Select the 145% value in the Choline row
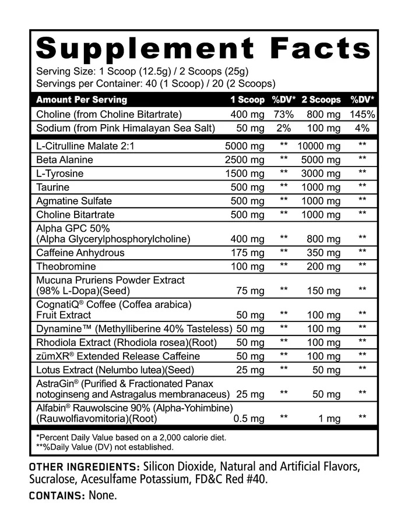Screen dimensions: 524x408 363,114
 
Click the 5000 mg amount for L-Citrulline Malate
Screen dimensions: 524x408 245,146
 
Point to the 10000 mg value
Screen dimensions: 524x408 319,146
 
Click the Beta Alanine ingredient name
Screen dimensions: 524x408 65,160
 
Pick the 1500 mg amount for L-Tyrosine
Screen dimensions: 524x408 245,174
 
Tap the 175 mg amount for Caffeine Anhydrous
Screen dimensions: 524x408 248,253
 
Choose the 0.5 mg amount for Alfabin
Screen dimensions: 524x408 249,419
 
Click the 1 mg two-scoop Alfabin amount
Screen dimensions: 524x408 329,419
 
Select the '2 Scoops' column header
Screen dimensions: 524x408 321,100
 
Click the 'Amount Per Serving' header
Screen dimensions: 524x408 81,100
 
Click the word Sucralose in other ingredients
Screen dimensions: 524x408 52,480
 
